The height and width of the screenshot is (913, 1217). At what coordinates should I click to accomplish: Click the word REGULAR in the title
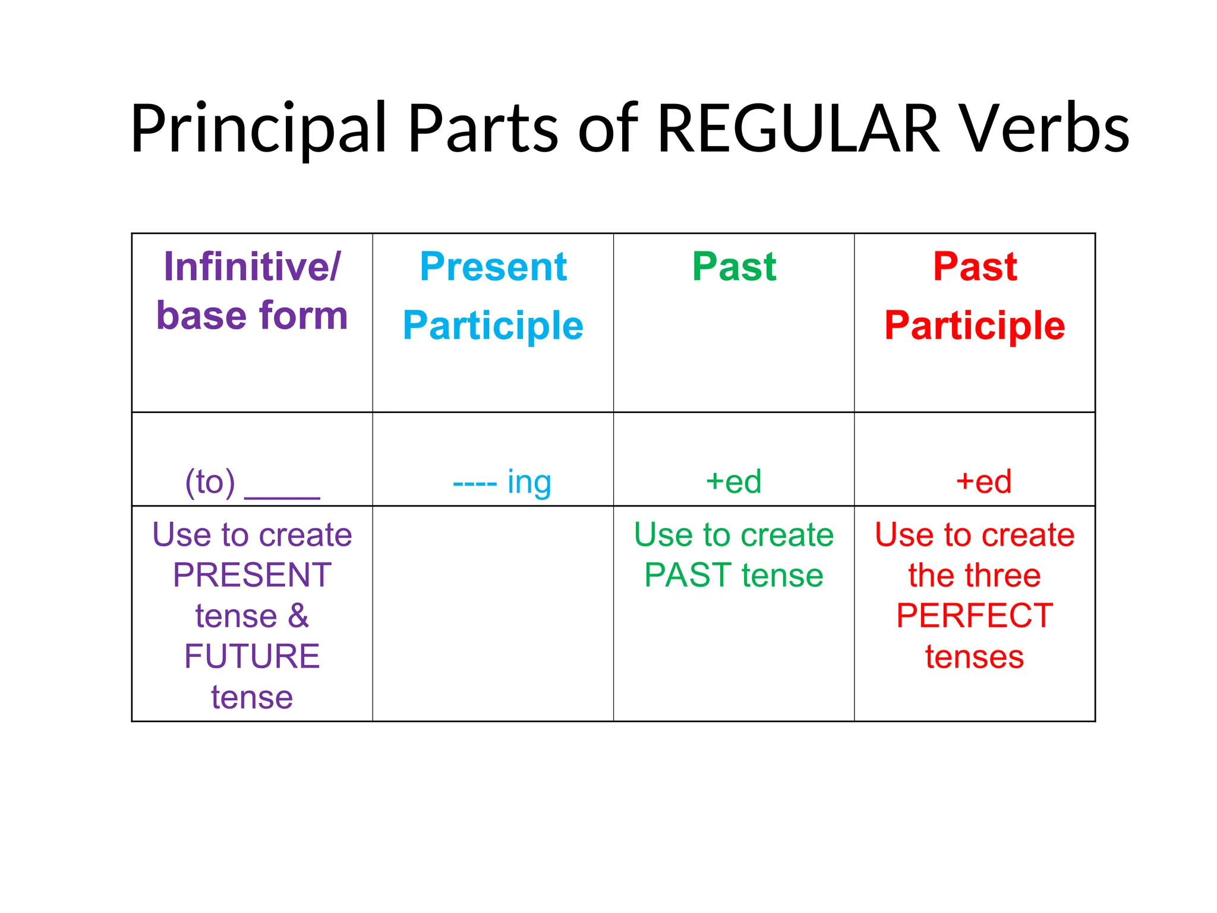798,129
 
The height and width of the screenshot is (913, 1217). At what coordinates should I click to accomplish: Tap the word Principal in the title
258,129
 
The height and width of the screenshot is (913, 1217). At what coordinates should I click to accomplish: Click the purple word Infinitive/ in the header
252,266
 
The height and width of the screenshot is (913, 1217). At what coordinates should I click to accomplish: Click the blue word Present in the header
493,266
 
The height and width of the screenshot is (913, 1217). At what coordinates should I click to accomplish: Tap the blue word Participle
493,326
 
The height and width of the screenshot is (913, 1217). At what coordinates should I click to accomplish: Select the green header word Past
734,266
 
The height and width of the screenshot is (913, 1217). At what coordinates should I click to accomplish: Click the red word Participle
975,326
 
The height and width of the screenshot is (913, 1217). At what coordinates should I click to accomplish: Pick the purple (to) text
210,481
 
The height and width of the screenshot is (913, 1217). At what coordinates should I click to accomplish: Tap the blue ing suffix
529,483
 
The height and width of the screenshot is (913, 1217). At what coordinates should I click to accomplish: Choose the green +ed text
733,481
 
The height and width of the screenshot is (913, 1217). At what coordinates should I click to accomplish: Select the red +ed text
983,481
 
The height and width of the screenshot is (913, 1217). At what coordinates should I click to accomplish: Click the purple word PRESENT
252,575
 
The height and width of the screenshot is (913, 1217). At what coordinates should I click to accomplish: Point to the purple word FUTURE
252,656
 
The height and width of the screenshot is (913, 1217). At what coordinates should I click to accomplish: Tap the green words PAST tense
734,575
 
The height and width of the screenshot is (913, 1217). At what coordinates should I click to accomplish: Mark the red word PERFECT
975,616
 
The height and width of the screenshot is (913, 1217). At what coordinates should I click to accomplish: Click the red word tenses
975,657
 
